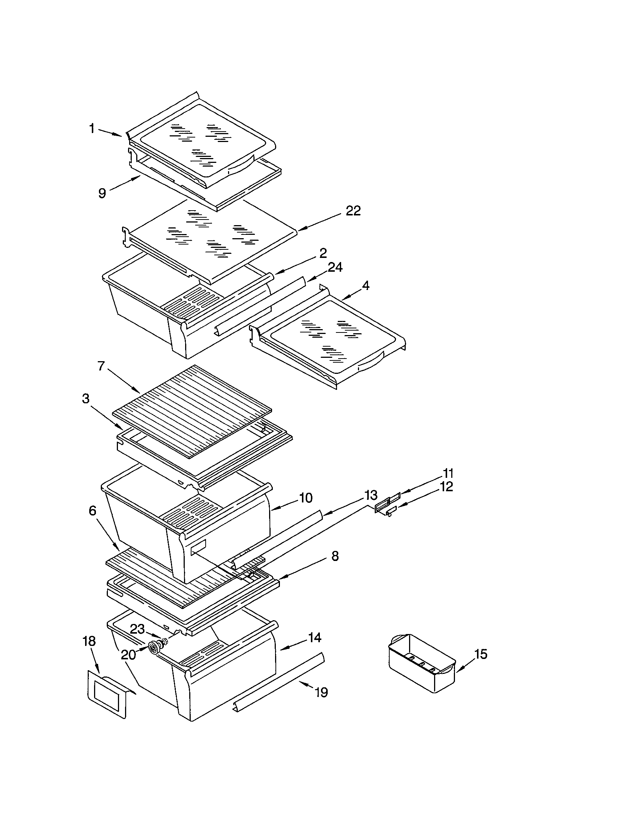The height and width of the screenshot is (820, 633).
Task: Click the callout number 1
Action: (92, 129)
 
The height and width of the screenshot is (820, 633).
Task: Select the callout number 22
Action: (353, 211)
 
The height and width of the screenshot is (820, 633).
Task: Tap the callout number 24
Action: (335, 267)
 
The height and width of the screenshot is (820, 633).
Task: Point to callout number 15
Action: (481, 654)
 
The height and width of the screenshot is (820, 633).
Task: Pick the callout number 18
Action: (89, 641)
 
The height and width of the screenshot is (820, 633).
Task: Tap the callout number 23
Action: (138, 629)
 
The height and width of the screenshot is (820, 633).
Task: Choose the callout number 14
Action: (315, 637)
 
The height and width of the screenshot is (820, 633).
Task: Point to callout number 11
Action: (448, 473)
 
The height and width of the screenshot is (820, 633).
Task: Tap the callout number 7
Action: (101, 366)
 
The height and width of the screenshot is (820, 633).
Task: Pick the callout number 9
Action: (102, 193)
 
